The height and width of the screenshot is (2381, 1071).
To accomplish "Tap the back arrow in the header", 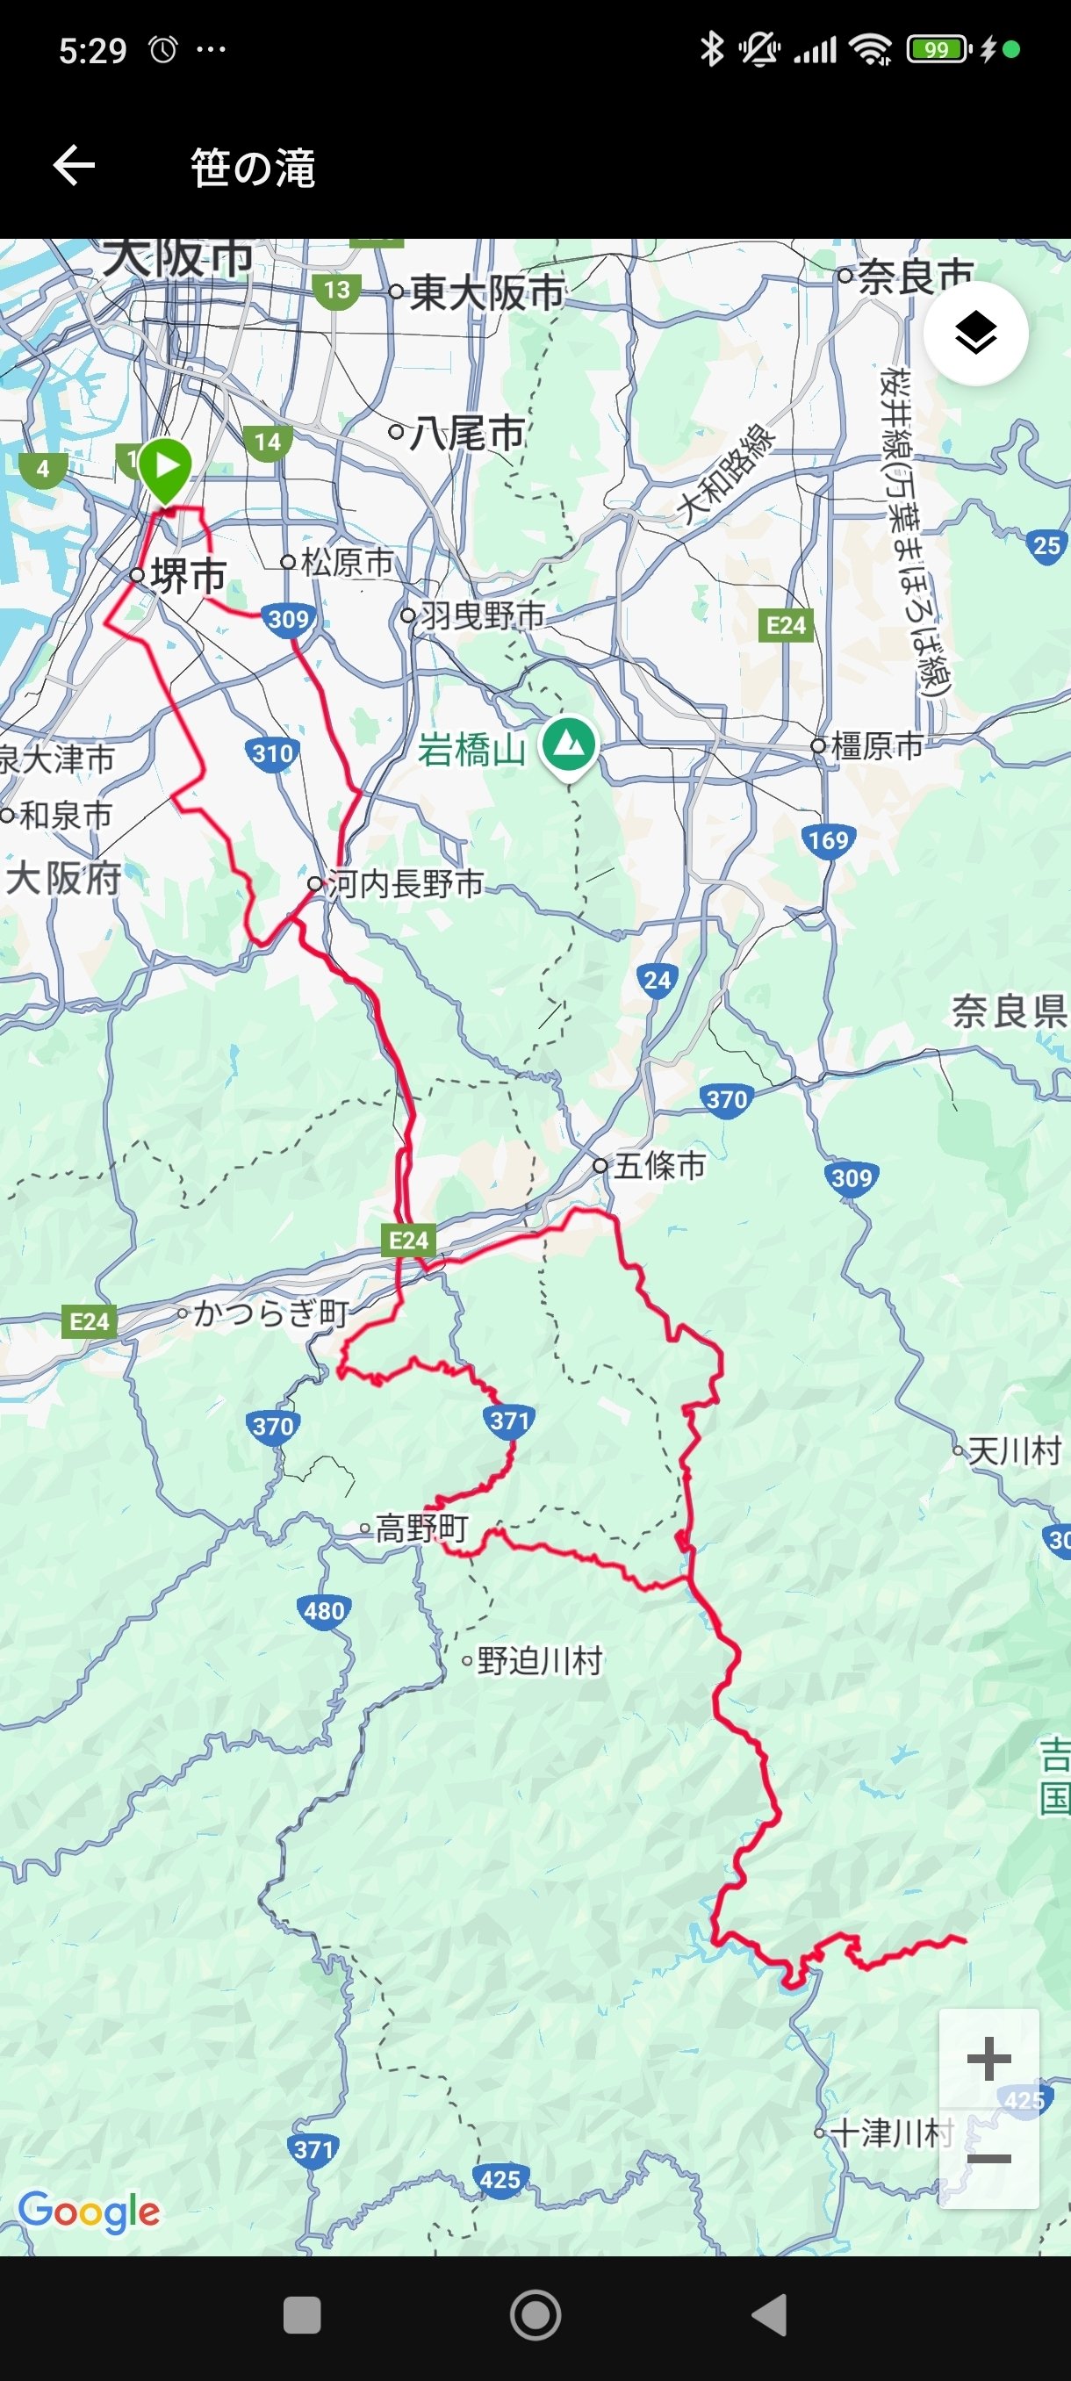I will (74, 167).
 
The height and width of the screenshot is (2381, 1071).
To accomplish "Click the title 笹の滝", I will (252, 169).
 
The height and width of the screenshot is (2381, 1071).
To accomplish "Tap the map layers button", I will (975, 334).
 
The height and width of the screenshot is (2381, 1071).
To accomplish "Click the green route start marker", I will (165, 468).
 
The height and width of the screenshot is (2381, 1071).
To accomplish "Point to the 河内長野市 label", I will (405, 883).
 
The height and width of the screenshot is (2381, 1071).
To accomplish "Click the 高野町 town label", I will (420, 1528).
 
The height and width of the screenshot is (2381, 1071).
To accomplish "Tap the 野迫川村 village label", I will (539, 1661).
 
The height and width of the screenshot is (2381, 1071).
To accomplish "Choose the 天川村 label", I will (1014, 1451).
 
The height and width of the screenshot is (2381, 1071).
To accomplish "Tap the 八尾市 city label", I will (468, 433).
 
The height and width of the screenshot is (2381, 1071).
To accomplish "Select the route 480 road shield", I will (323, 1611).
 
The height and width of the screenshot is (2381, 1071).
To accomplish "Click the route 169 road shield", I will (827, 840).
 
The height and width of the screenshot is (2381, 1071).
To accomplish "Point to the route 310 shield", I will (273, 753).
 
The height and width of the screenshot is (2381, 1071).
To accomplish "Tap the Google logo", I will (89, 2211).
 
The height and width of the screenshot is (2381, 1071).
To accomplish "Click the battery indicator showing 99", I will (937, 49).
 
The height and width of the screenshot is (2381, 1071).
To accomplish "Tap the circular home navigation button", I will (535, 2315).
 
